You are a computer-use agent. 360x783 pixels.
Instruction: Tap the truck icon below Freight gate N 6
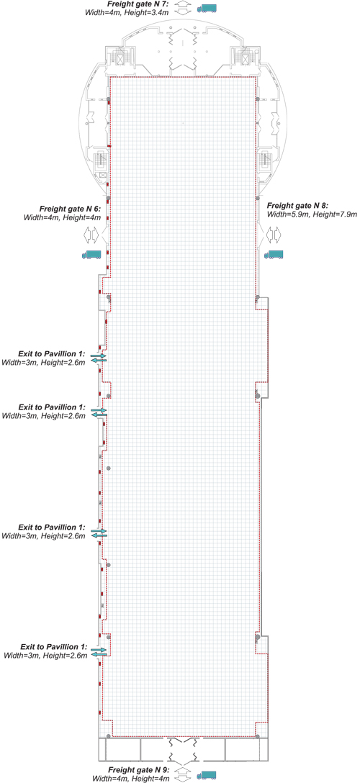[x=91, y=254]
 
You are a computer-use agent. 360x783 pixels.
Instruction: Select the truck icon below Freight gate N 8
[x=274, y=254]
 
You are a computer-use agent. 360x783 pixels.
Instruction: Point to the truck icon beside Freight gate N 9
[x=207, y=774]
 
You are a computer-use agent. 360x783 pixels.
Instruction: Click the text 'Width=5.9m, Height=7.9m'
[x=312, y=214]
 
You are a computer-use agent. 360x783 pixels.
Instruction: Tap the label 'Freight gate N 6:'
[x=71, y=208]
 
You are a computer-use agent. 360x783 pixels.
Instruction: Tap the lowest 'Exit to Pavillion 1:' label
[x=54, y=646]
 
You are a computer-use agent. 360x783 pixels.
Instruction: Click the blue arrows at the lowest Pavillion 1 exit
[x=99, y=652]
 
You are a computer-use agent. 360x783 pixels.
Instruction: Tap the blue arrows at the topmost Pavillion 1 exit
[x=99, y=358]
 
